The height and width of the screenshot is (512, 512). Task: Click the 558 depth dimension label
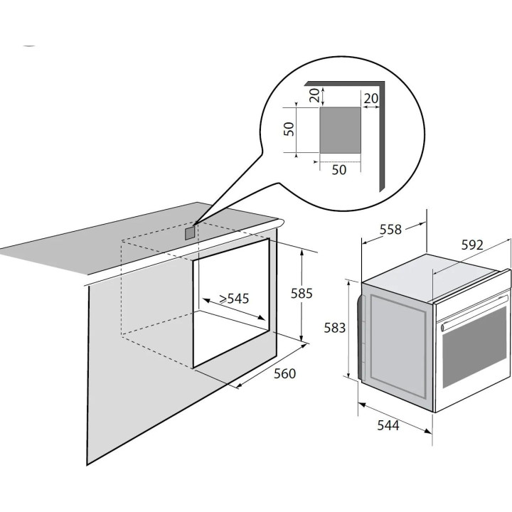pyautogui.click(x=390, y=230)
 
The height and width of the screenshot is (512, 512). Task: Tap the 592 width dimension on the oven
pyautogui.click(x=472, y=245)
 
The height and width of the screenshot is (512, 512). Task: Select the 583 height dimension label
pyautogui.click(x=334, y=328)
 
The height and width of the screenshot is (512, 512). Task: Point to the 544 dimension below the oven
pyautogui.click(x=388, y=425)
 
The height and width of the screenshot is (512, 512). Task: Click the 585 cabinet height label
pyautogui.click(x=302, y=293)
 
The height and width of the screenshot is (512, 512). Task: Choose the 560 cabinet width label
pyautogui.click(x=284, y=373)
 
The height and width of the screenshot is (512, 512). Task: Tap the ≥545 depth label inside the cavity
pyautogui.click(x=234, y=298)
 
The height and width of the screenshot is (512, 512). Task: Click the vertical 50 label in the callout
pyautogui.click(x=289, y=129)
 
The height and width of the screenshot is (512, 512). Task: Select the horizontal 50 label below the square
pyautogui.click(x=339, y=170)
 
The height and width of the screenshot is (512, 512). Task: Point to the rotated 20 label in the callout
pyautogui.click(x=314, y=95)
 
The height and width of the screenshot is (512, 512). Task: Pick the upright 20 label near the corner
pyautogui.click(x=371, y=98)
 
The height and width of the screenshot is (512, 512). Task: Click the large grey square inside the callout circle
pyautogui.click(x=340, y=130)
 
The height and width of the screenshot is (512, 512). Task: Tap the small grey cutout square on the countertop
pyautogui.click(x=190, y=234)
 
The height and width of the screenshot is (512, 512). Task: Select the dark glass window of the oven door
pyautogui.click(x=474, y=347)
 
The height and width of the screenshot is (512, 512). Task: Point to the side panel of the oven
pyautogui.click(x=398, y=346)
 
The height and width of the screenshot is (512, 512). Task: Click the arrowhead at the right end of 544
pyautogui.click(x=428, y=431)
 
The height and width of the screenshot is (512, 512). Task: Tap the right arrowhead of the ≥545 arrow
pyautogui.click(x=261, y=317)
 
